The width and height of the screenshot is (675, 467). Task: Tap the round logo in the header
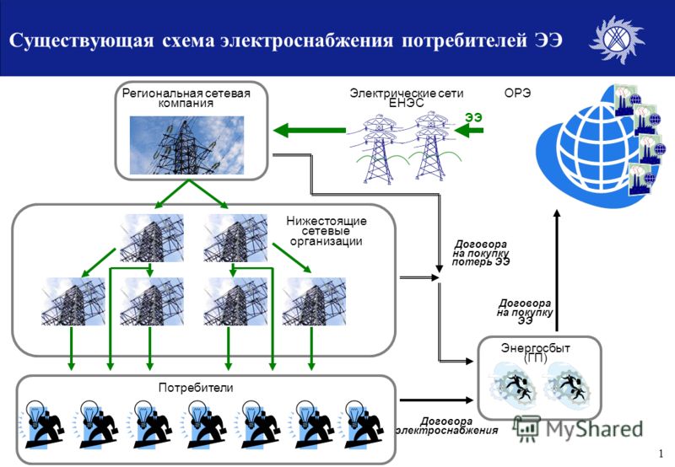click(616, 39)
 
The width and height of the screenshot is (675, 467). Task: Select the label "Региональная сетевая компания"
click(186, 98)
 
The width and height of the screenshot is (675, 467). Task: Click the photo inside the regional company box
click(186, 145)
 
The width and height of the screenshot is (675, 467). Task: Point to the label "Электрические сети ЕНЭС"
click(407, 98)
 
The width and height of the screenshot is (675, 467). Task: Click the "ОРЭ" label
click(517, 93)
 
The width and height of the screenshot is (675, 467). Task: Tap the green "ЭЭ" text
click(473, 117)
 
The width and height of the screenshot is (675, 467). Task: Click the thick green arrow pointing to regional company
click(310, 130)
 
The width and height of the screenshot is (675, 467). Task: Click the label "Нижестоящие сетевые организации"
click(327, 231)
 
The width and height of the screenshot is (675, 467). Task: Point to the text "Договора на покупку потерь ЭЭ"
click(481, 253)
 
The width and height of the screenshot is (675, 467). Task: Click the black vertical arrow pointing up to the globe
click(557, 270)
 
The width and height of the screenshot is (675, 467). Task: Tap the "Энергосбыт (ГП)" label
click(536, 352)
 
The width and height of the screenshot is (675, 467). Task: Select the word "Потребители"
click(196, 388)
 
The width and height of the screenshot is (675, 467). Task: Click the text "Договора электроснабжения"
click(447, 426)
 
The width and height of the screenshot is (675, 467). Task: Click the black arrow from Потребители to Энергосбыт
click(436, 400)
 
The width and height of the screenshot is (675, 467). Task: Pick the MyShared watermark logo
click(578, 429)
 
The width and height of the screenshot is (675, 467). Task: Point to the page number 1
click(661, 454)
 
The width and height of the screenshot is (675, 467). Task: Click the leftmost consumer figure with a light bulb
click(41, 424)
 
